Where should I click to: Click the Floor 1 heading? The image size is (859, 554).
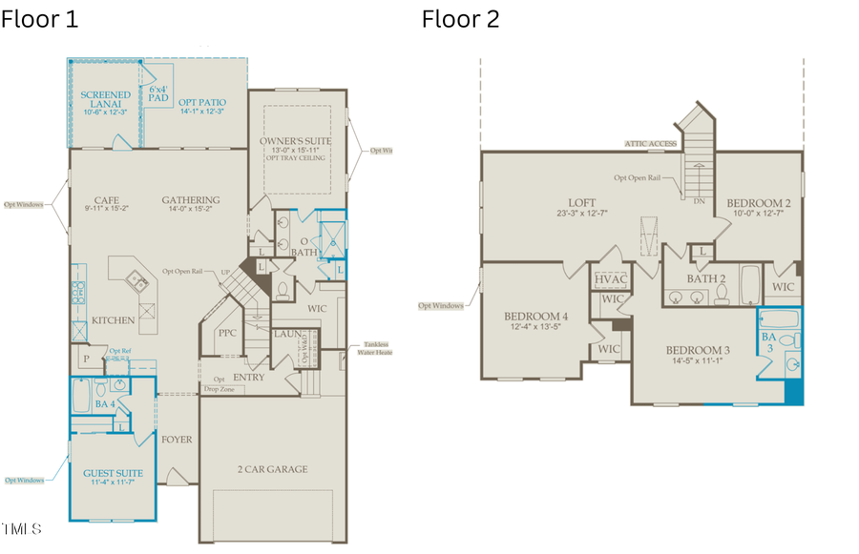[x=39, y=18]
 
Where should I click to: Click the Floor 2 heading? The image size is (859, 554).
[x=461, y=18]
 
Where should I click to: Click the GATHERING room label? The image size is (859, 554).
[x=191, y=200]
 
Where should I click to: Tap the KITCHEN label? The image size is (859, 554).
[x=114, y=320]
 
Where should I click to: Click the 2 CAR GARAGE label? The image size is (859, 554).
[x=272, y=469]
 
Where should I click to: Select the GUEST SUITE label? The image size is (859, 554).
[x=113, y=473]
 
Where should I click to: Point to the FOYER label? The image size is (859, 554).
[x=177, y=440]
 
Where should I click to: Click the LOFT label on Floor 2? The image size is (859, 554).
[x=581, y=203]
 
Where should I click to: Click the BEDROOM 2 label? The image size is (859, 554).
[x=758, y=203]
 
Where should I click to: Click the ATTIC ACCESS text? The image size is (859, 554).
[x=651, y=144]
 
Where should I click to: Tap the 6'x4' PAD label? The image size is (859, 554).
[x=158, y=92]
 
